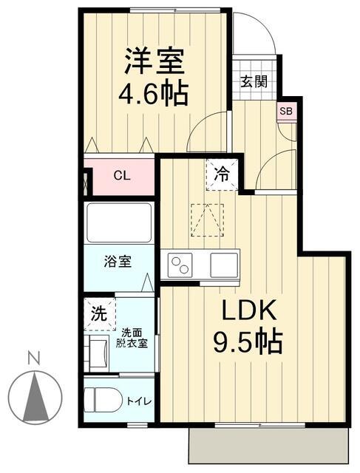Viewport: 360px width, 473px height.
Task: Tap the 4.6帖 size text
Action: tap(154, 94)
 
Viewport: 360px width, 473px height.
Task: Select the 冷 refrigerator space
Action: tap(222, 175)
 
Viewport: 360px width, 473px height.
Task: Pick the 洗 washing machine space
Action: tap(98, 313)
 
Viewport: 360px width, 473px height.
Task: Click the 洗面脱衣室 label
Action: tap(134, 338)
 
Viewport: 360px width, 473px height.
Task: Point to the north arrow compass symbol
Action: tap(34, 397)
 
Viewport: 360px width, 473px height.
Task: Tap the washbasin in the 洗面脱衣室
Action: tap(97, 347)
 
